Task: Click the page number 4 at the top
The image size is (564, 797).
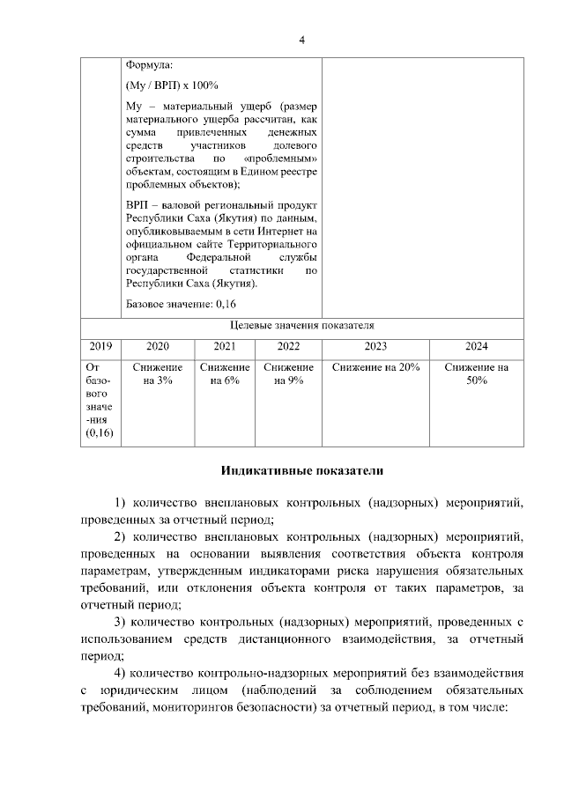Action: coord(302,41)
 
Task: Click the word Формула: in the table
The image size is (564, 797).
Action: coord(151,65)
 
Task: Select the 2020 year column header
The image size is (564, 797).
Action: coord(158,346)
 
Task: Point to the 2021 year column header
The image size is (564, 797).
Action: coord(225,346)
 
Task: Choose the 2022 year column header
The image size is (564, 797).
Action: coord(288,346)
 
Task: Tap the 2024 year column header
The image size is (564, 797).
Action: coord(476,346)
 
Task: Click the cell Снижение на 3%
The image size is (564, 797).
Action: coord(158,373)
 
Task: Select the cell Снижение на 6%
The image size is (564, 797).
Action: coord(225,373)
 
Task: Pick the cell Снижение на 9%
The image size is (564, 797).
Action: coord(288,373)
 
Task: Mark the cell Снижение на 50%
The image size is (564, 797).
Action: coord(476,373)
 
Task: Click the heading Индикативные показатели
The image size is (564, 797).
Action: coord(301,471)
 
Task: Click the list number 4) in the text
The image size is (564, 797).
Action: coord(121,674)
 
